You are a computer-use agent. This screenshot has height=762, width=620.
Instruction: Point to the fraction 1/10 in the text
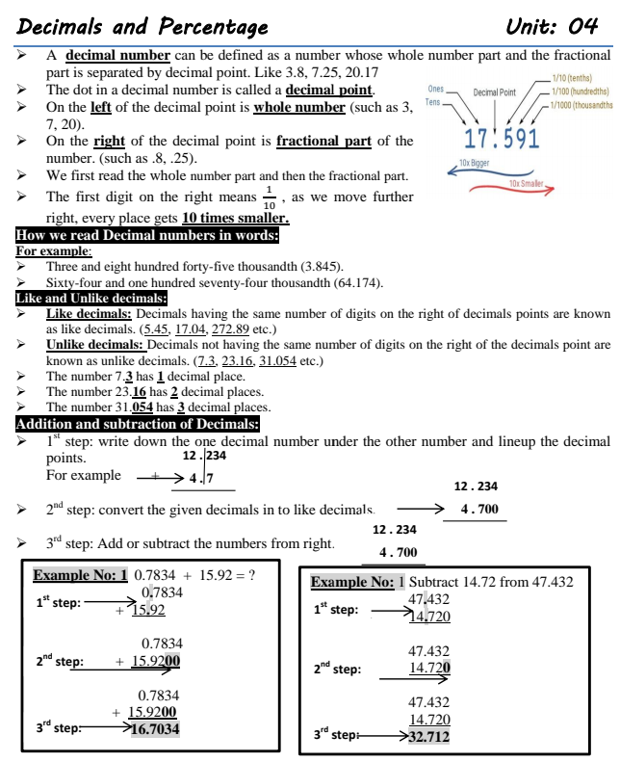click(269, 197)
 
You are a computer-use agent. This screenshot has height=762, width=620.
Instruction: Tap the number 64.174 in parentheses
click(357, 282)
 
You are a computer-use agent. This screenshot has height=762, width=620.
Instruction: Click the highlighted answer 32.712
click(429, 737)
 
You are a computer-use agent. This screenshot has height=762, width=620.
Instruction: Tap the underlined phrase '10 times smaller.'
click(236, 219)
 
